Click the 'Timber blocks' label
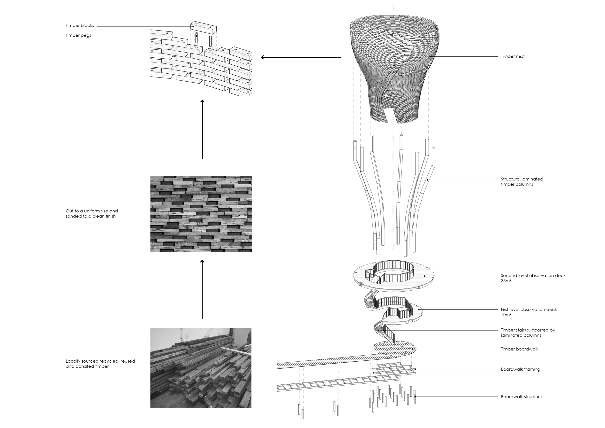point(80,26)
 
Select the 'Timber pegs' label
point(78,35)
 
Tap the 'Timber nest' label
point(512,56)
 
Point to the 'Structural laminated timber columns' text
point(522,182)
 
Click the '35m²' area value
point(506,281)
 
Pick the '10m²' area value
point(506,315)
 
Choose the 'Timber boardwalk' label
point(519,349)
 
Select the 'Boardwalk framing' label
point(520,369)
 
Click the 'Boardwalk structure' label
point(521,397)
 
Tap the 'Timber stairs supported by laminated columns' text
point(528,333)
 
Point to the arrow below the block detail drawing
point(202,129)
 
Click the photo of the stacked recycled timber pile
point(201,368)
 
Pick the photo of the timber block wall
point(201,214)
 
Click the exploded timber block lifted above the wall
point(204,27)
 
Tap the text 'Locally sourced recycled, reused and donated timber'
point(100,364)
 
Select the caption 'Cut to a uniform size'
point(92,211)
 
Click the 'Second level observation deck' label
point(533,276)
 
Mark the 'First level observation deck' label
point(529,310)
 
